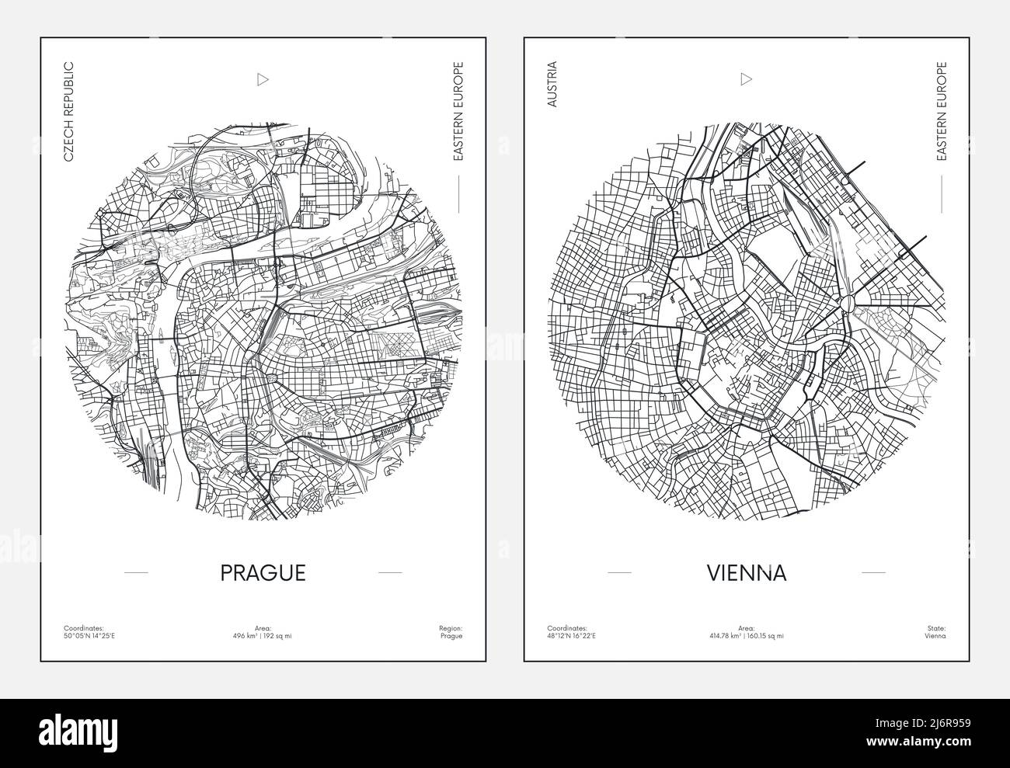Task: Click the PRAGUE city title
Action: [263, 572]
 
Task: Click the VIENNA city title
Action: [747, 572]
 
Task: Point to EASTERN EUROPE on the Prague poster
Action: [458, 112]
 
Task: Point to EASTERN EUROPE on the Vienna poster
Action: [942, 112]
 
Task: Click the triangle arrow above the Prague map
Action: [262, 78]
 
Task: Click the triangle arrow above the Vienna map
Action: [746, 78]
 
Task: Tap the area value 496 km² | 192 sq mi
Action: [263, 636]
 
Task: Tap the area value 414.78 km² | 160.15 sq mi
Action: [747, 636]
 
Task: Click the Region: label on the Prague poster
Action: [451, 627]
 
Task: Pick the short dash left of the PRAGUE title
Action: [136, 572]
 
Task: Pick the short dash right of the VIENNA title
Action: [873, 572]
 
